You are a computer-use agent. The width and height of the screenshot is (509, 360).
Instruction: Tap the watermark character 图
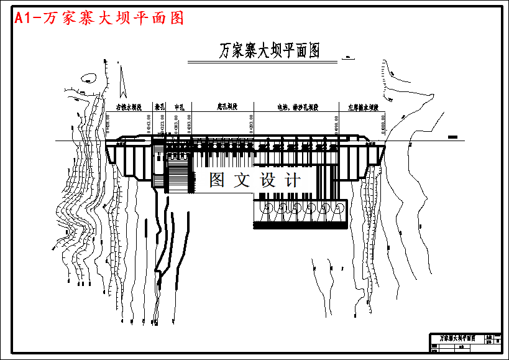click(217, 180)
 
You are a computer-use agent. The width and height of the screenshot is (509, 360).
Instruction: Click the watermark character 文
click(241, 180)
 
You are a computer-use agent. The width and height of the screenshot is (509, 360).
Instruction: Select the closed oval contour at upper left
click(88, 79)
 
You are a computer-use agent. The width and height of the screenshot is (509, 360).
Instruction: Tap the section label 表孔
click(160, 107)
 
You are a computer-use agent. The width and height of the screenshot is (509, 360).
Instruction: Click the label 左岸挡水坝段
click(364, 107)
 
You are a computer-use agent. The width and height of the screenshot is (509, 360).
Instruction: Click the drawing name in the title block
click(457, 338)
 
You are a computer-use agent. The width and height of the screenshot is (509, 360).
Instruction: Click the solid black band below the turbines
click(300, 226)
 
